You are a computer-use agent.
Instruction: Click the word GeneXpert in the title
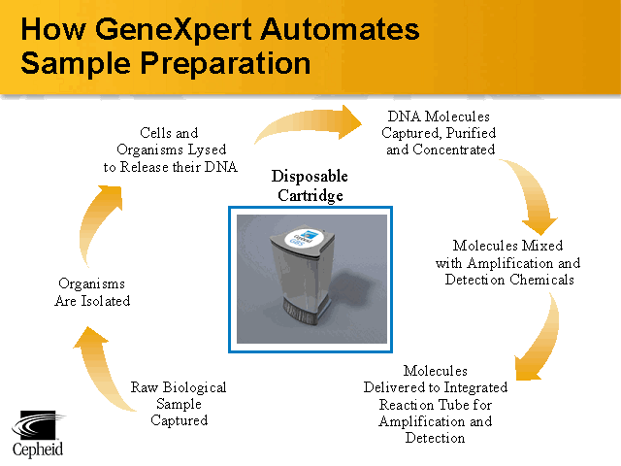point(174,30)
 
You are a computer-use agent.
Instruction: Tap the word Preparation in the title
point(225,63)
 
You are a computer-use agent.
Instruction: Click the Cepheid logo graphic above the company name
point(39,424)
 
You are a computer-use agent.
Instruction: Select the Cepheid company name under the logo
point(38,449)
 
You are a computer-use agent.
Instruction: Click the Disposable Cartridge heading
point(310,185)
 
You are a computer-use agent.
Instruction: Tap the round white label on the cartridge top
point(304,239)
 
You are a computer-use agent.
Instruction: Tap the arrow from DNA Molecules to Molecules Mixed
point(533,194)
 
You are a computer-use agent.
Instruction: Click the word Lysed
point(207,150)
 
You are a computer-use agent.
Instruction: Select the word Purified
point(471,134)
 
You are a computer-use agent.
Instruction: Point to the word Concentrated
point(453,150)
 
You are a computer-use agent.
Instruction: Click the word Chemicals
point(541,280)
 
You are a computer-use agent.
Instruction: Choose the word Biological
point(194,387)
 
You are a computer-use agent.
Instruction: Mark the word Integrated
point(476,387)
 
